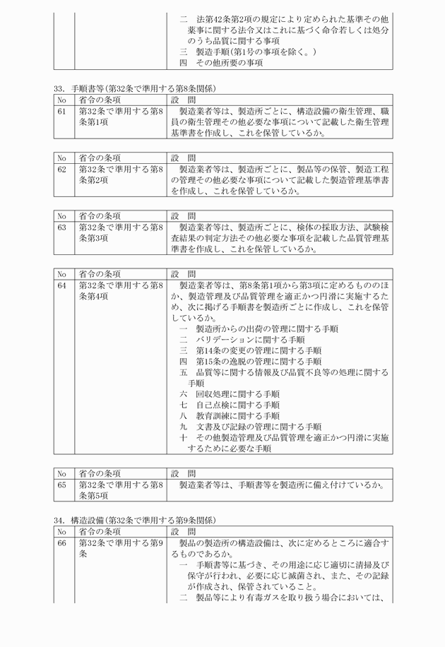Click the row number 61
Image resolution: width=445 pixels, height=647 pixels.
coord(62,112)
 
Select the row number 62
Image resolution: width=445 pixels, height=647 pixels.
coord(62,170)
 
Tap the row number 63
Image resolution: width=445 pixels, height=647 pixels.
coord(62,227)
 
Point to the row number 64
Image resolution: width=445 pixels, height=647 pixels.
coord(62,285)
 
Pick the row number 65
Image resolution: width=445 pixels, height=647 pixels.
coord(62,485)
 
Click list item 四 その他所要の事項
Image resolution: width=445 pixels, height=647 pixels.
coord(221,63)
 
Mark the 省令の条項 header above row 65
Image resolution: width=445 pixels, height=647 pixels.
coord(100,473)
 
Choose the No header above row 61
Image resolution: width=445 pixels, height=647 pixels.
coord(62,100)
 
